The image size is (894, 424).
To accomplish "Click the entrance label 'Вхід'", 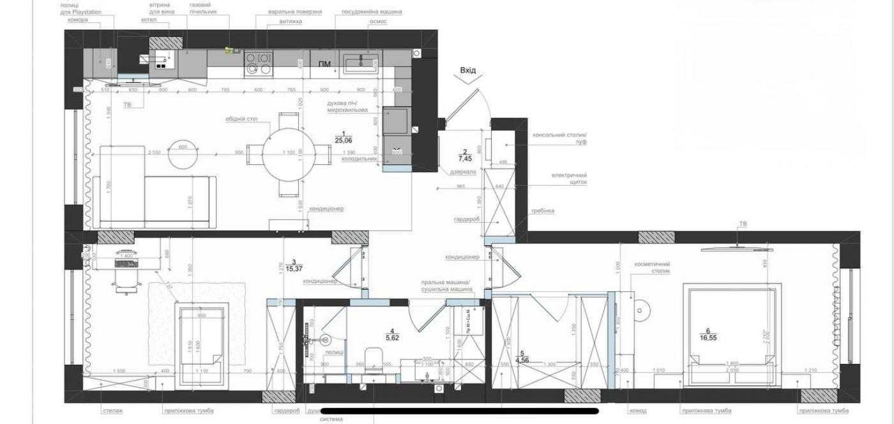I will click(x=468, y=70).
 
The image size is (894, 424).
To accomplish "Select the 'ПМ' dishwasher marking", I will click(x=324, y=64).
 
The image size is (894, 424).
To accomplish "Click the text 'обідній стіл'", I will click(x=241, y=119).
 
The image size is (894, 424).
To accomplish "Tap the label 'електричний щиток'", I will click(x=570, y=178).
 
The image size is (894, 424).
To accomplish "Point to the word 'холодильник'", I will click(x=359, y=158).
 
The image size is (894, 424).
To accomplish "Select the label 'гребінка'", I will click(x=542, y=211).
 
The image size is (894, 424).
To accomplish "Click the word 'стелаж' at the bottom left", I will click(x=112, y=411).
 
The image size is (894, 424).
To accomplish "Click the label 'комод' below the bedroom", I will click(x=637, y=411).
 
